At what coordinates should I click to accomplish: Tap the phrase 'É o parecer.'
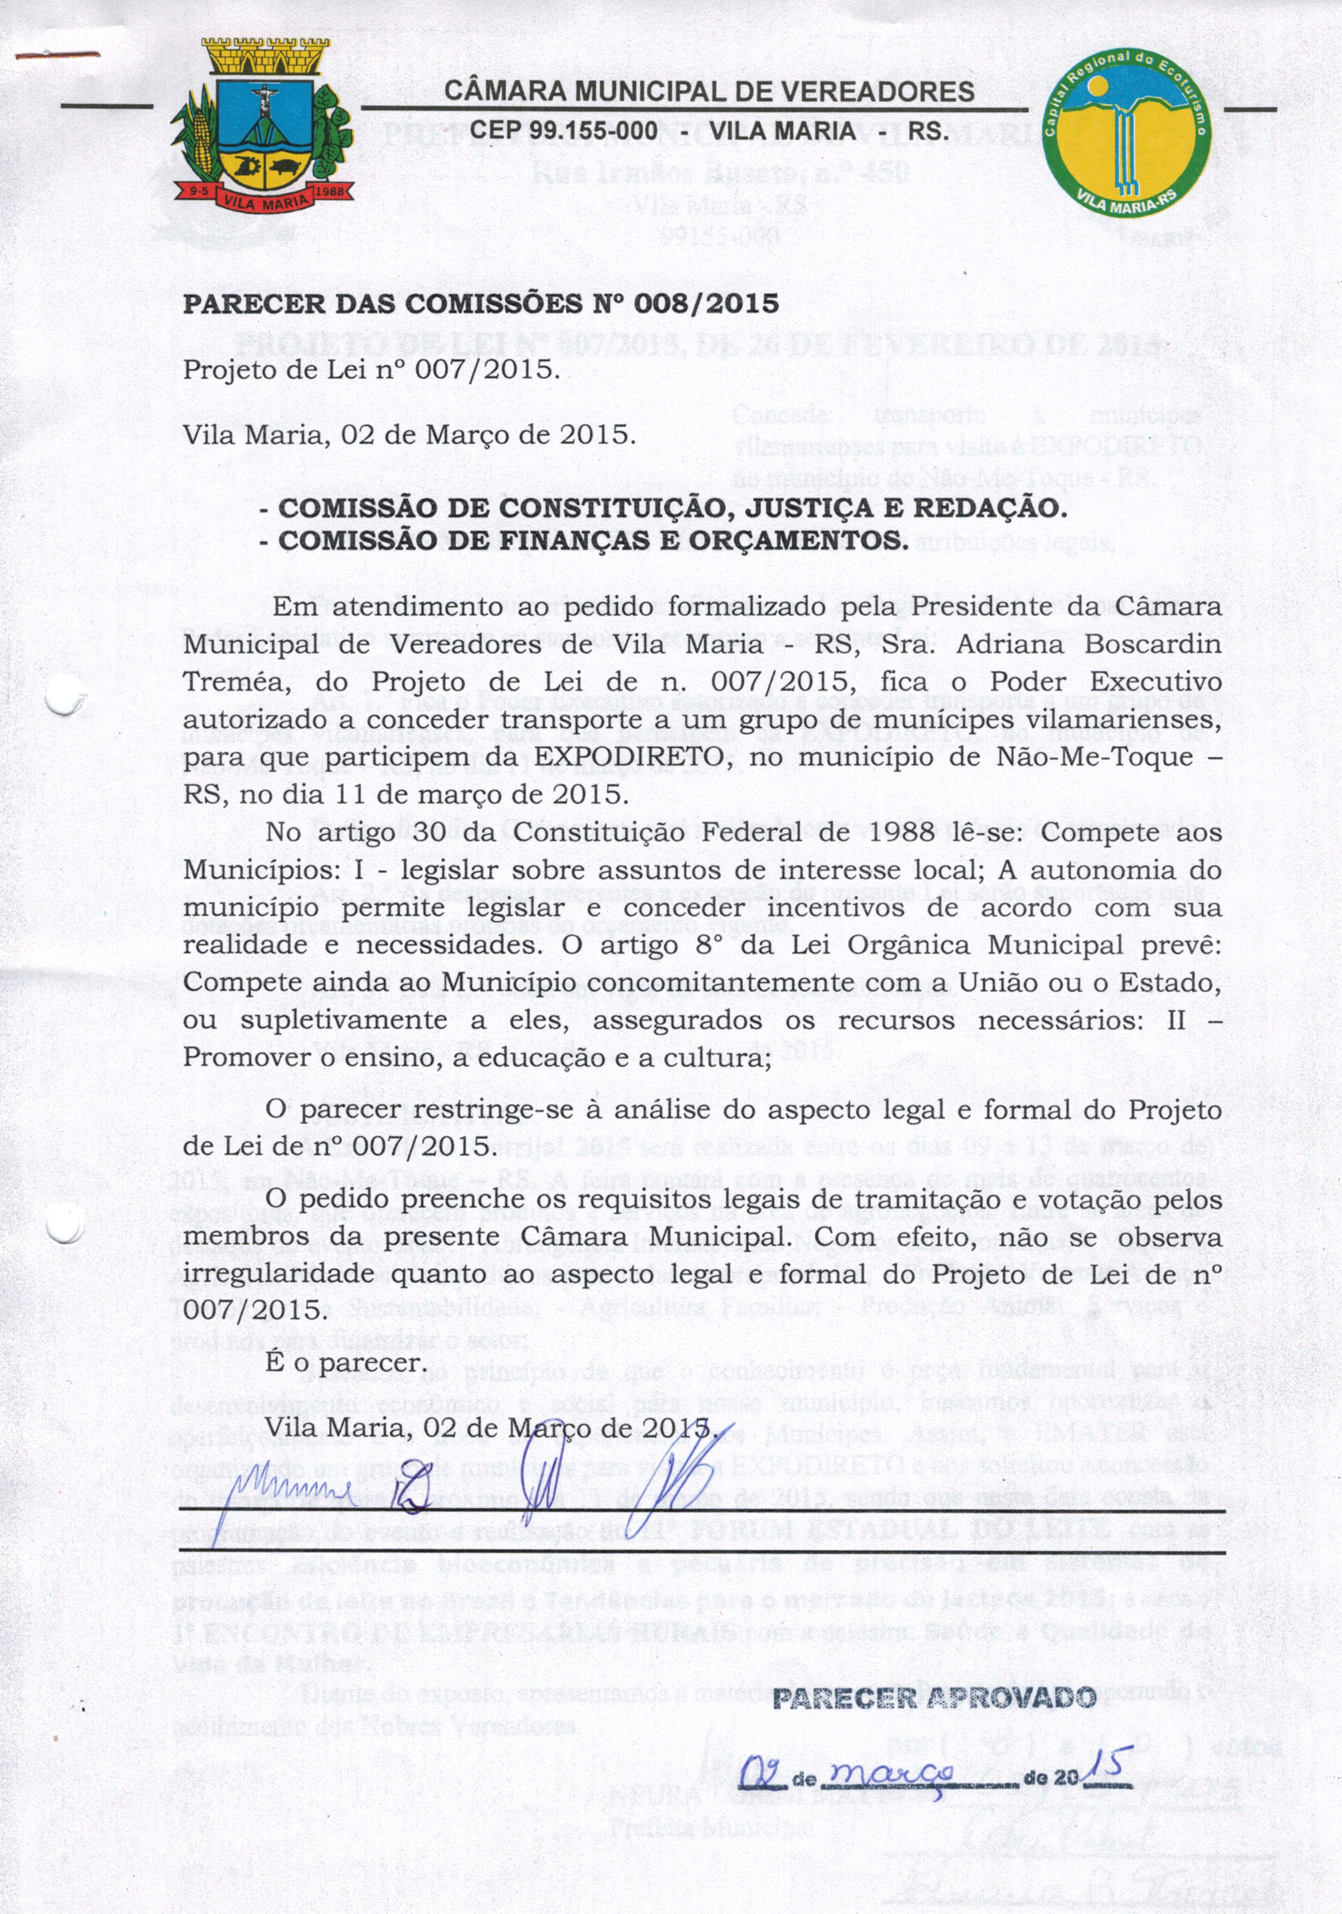345,1363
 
